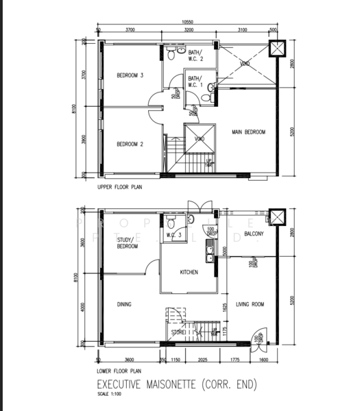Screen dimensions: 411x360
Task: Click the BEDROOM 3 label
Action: [x=129, y=75]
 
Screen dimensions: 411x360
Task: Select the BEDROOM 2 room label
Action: [x=129, y=144]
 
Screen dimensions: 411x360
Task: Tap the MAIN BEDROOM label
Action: [x=248, y=132]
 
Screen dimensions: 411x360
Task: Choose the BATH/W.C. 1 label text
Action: [x=196, y=81]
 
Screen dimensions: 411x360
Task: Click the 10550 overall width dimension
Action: [x=187, y=23]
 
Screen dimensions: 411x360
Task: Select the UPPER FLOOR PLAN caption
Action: [x=120, y=186]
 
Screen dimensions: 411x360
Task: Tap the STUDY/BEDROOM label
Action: [x=125, y=243]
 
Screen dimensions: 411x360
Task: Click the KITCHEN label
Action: [x=189, y=272]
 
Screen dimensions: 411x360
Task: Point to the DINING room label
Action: [x=123, y=304]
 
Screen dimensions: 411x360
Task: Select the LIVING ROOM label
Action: [x=250, y=304]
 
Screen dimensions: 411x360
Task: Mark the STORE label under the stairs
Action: [x=180, y=334]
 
